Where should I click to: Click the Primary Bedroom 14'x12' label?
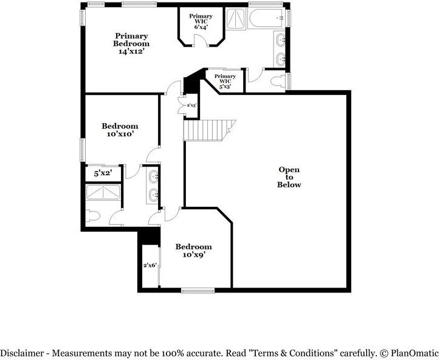(x=131, y=44)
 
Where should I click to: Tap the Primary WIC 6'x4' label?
(x=201, y=21)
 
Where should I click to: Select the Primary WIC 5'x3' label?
(x=225, y=80)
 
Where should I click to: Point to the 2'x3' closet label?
(x=191, y=105)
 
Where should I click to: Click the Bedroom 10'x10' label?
(x=119, y=130)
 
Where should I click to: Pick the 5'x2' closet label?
(x=103, y=173)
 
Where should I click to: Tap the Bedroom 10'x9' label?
(x=193, y=251)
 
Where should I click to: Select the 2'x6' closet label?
(x=150, y=265)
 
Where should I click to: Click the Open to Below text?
(x=289, y=177)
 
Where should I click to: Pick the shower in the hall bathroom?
(x=103, y=192)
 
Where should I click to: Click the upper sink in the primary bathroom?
(x=281, y=41)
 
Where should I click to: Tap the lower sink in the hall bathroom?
(x=153, y=195)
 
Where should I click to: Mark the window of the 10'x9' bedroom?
(x=198, y=290)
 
